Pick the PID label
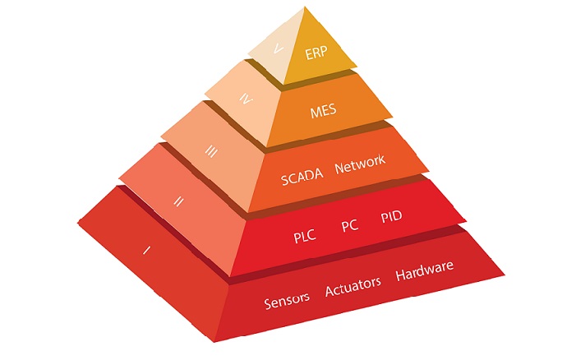click(x=391, y=219)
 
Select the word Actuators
click(x=353, y=287)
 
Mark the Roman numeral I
click(x=146, y=249)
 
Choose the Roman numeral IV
click(x=242, y=99)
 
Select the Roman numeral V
click(x=279, y=49)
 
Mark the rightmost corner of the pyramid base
click(x=505, y=276)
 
